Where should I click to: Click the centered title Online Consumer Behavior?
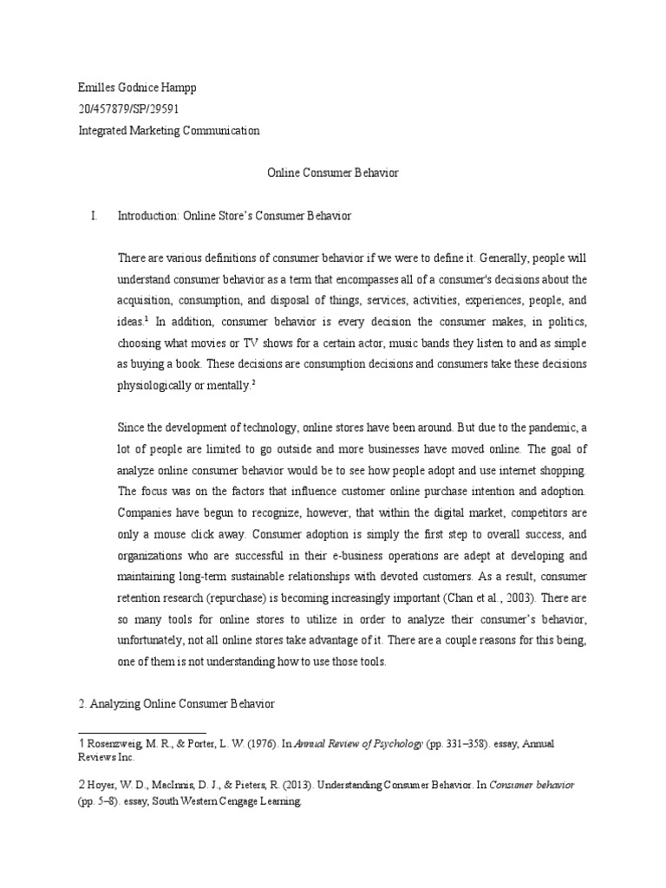(x=331, y=173)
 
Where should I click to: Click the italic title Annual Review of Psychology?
(x=359, y=743)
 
